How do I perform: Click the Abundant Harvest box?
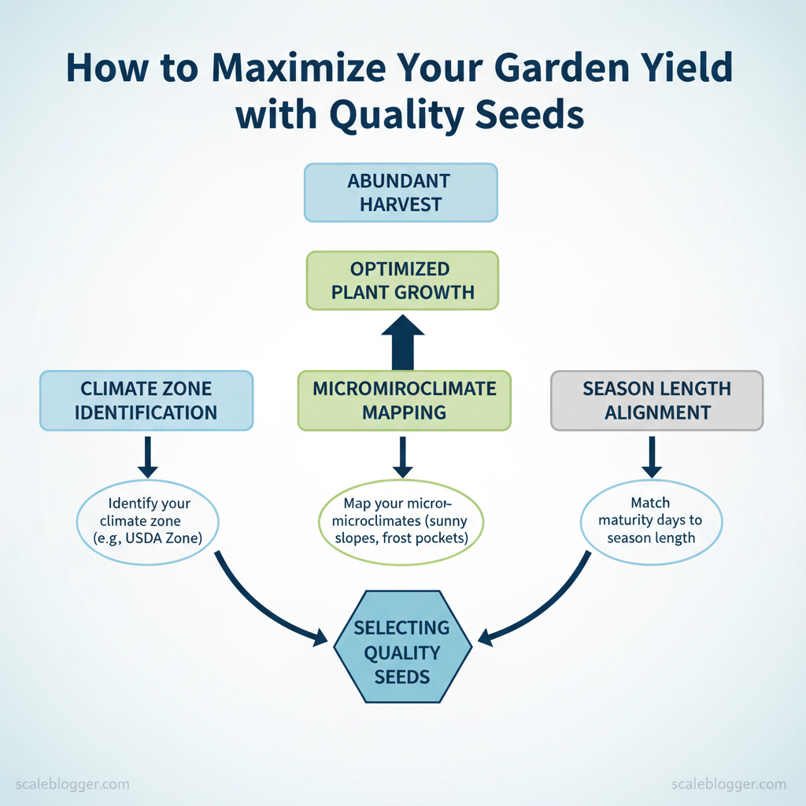coord(401,193)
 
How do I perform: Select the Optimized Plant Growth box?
coord(402,281)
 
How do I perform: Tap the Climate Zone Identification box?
coord(146,401)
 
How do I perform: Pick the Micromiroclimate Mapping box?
coord(405,401)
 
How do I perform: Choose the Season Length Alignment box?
coord(657,401)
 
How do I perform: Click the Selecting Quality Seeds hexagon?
coord(402,647)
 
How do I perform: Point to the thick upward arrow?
coord(403,342)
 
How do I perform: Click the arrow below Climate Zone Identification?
coord(147,457)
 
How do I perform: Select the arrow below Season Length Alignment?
coord(652,457)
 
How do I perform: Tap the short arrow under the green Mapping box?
coord(402,457)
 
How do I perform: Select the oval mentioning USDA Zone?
coord(147,523)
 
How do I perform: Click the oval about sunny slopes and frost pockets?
coord(401,523)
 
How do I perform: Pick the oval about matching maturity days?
coord(651,523)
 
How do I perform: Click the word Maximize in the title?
coord(298,68)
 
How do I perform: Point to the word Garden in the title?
coord(562,68)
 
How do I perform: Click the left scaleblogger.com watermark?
coord(72,784)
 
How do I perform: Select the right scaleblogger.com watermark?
coord(729,784)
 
